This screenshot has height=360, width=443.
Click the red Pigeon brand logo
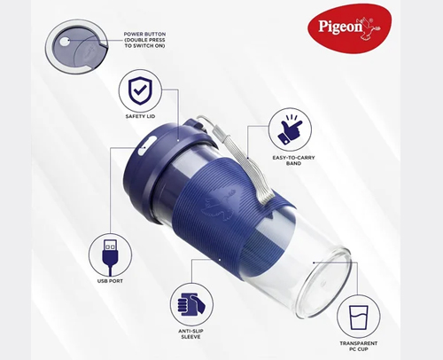(350, 28)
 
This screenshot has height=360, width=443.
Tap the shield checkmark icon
(140, 91)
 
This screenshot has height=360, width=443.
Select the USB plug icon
(110, 255)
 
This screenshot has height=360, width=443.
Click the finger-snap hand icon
(290, 130)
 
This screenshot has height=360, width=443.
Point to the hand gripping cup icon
(191, 304)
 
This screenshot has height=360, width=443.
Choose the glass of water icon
(359, 317)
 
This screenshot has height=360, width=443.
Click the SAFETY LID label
(140, 116)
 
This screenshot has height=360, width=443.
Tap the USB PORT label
(110, 281)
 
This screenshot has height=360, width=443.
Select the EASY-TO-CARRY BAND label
(293, 160)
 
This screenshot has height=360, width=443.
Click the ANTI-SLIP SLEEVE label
(190, 334)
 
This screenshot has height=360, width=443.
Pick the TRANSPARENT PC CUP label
(359, 346)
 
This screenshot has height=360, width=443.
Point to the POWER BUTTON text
(144, 34)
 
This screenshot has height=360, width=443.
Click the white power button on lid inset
(65, 41)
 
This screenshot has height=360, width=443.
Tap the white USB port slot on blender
(144, 145)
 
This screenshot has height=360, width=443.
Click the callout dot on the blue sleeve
(220, 260)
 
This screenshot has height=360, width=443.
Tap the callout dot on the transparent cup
(314, 262)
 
